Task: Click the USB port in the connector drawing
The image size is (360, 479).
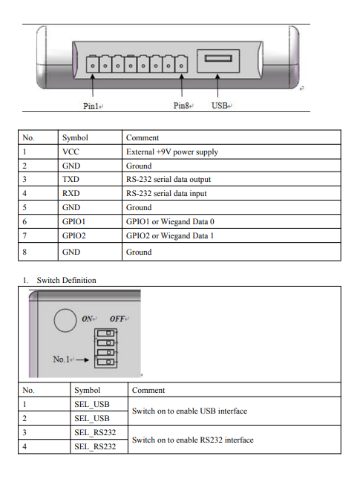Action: (219, 60)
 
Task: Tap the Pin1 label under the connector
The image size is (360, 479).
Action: (91, 106)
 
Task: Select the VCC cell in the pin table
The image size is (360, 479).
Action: (71, 152)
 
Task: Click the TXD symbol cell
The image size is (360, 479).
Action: (71, 180)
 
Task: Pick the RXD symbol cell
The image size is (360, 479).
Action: (71, 194)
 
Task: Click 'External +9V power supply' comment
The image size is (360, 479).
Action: (171, 152)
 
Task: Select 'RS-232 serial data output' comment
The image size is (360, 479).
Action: (168, 180)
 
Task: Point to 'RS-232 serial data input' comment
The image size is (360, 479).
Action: (166, 194)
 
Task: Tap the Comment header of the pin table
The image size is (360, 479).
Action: (143, 138)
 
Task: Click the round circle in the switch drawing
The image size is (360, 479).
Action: (66, 321)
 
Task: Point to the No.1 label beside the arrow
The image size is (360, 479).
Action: (63, 360)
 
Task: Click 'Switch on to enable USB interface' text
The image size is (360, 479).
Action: (189, 411)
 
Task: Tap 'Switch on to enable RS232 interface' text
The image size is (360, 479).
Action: (192, 440)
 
